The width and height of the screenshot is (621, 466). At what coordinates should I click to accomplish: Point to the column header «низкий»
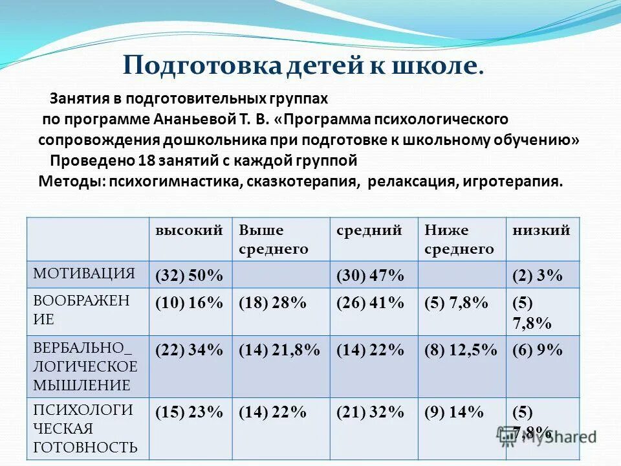coord(541,230)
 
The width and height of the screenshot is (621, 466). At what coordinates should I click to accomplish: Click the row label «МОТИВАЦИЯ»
coord(84,273)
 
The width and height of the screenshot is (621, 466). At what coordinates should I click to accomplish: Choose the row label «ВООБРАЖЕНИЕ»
coord(82,309)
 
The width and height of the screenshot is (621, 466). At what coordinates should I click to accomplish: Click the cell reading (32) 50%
coord(189,276)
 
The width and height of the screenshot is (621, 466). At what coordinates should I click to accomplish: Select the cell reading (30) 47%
coord(370,276)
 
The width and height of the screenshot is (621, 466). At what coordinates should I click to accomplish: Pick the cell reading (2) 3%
coord(537,276)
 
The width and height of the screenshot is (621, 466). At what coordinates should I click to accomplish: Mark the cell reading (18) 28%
coord(272,304)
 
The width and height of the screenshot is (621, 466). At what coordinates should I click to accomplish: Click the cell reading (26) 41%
coord(370,304)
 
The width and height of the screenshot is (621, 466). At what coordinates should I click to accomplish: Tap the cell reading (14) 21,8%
coord(279,350)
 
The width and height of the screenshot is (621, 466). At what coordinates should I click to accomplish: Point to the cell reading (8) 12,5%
coord(461,350)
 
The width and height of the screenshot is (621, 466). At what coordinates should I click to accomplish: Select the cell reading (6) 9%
coord(537,350)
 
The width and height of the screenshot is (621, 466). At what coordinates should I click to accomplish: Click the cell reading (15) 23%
coord(189,412)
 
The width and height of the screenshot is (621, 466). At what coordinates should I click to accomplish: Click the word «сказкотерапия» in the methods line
coord(301,182)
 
